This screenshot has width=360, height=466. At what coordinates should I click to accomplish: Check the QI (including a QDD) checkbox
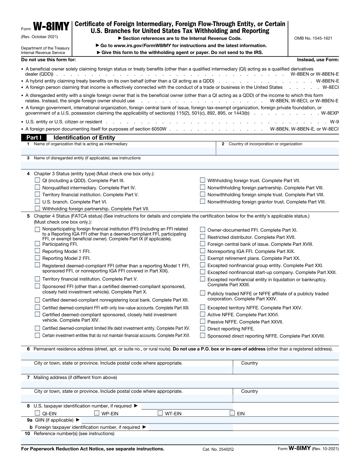click(37, 180)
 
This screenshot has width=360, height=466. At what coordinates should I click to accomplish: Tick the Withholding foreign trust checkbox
click(202, 180)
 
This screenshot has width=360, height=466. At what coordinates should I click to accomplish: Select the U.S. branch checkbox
click(37, 202)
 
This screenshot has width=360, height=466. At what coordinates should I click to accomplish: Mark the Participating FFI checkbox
click(37, 244)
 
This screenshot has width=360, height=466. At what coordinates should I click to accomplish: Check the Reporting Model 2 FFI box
click(37, 258)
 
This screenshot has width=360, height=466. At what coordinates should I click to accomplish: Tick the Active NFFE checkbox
click(202, 314)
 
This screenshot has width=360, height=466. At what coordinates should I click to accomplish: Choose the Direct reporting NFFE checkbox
click(202, 329)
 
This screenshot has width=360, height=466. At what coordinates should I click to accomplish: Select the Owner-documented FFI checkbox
click(202, 230)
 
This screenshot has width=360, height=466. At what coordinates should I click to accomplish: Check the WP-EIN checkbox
click(97, 413)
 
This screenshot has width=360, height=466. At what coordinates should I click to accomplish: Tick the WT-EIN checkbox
click(160, 413)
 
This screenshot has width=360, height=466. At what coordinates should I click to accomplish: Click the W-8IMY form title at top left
click(51, 27)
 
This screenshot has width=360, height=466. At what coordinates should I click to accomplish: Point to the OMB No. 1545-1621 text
click(313, 38)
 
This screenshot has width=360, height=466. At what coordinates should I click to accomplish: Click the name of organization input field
click(118, 151)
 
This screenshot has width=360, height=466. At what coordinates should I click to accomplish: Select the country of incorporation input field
click(277, 151)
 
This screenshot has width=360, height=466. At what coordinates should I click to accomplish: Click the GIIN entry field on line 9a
click(210, 420)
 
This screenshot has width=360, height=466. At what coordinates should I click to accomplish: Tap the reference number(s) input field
click(180, 440)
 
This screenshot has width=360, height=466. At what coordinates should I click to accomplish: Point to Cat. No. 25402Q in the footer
click(218, 449)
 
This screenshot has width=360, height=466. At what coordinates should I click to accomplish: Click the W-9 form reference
click(334, 122)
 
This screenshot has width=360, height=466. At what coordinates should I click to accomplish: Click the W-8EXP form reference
click(330, 113)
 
